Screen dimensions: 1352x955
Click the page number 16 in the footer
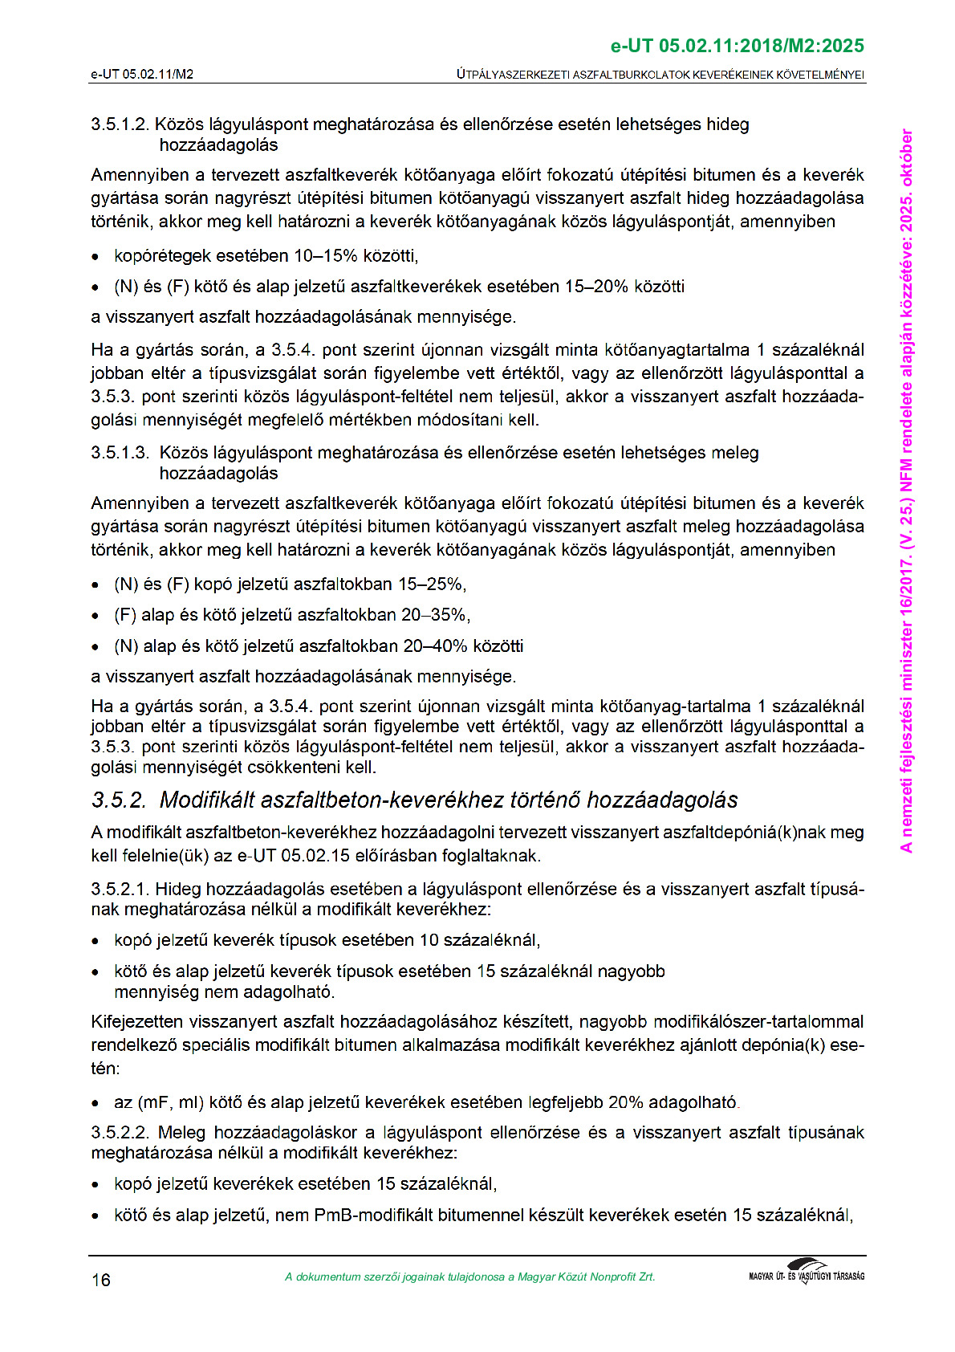(101, 1280)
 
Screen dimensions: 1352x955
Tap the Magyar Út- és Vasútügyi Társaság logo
(806, 1272)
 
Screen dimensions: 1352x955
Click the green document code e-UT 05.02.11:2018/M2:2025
(737, 46)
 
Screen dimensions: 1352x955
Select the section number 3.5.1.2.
(120, 124)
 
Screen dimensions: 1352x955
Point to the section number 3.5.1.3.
(120, 453)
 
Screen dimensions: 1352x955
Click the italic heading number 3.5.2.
(120, 800)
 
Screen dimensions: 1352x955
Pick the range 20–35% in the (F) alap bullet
(434, 615)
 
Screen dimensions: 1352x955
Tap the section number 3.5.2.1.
(120, 890)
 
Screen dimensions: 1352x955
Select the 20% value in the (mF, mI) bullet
(625, 1102)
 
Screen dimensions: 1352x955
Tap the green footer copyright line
(469, 1277)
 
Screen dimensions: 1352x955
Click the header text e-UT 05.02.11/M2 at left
(142, 75)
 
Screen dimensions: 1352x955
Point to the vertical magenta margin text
(906, 490)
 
